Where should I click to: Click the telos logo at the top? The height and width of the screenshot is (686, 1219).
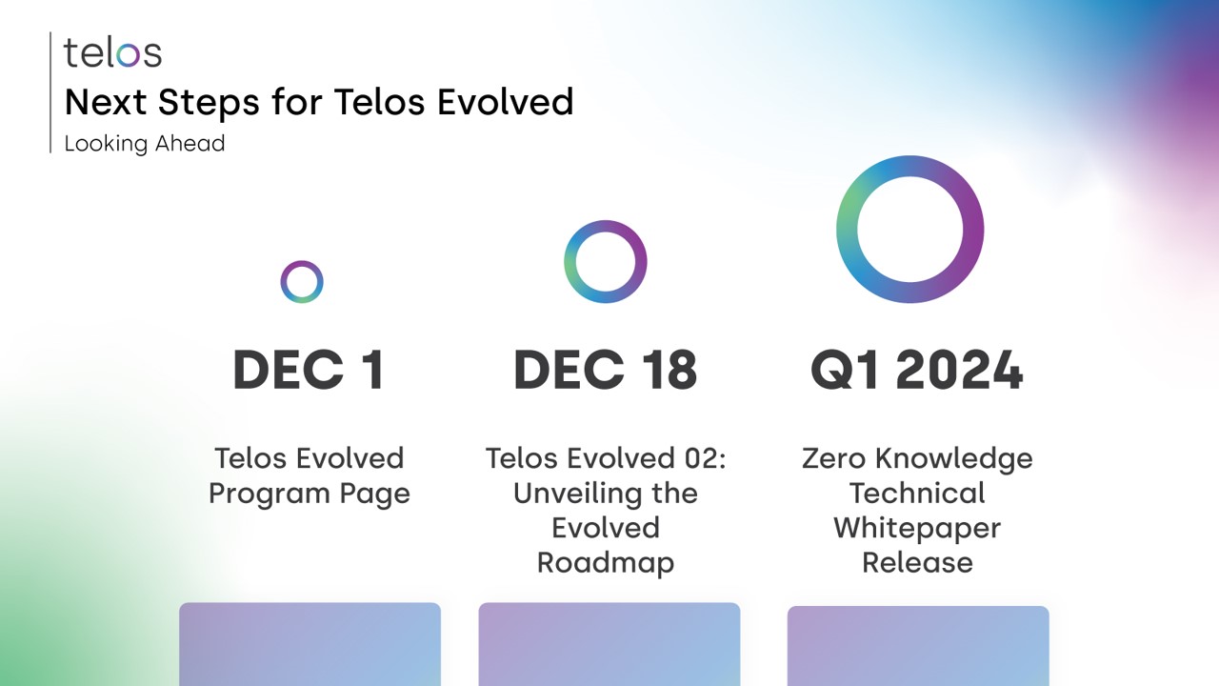112,52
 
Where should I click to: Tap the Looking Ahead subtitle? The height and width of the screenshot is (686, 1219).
145,144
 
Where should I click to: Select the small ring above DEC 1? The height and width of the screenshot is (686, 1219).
302,282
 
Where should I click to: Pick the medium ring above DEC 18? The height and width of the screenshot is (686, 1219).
606,262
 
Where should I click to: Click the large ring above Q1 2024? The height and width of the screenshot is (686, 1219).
909,230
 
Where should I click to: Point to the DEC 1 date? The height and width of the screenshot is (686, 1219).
309,370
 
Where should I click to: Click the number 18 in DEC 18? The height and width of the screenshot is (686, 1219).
668,370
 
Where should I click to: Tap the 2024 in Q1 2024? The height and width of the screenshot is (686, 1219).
959,370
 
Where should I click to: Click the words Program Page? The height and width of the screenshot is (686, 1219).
309,494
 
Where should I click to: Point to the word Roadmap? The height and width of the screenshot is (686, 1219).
606,562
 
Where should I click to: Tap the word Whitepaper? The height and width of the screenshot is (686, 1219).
917,528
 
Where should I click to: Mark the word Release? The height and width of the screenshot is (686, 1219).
917,562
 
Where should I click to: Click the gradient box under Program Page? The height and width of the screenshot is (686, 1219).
310,644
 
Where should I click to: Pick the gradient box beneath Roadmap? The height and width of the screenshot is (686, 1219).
609,644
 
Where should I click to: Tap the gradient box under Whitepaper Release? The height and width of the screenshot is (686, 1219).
918,646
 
